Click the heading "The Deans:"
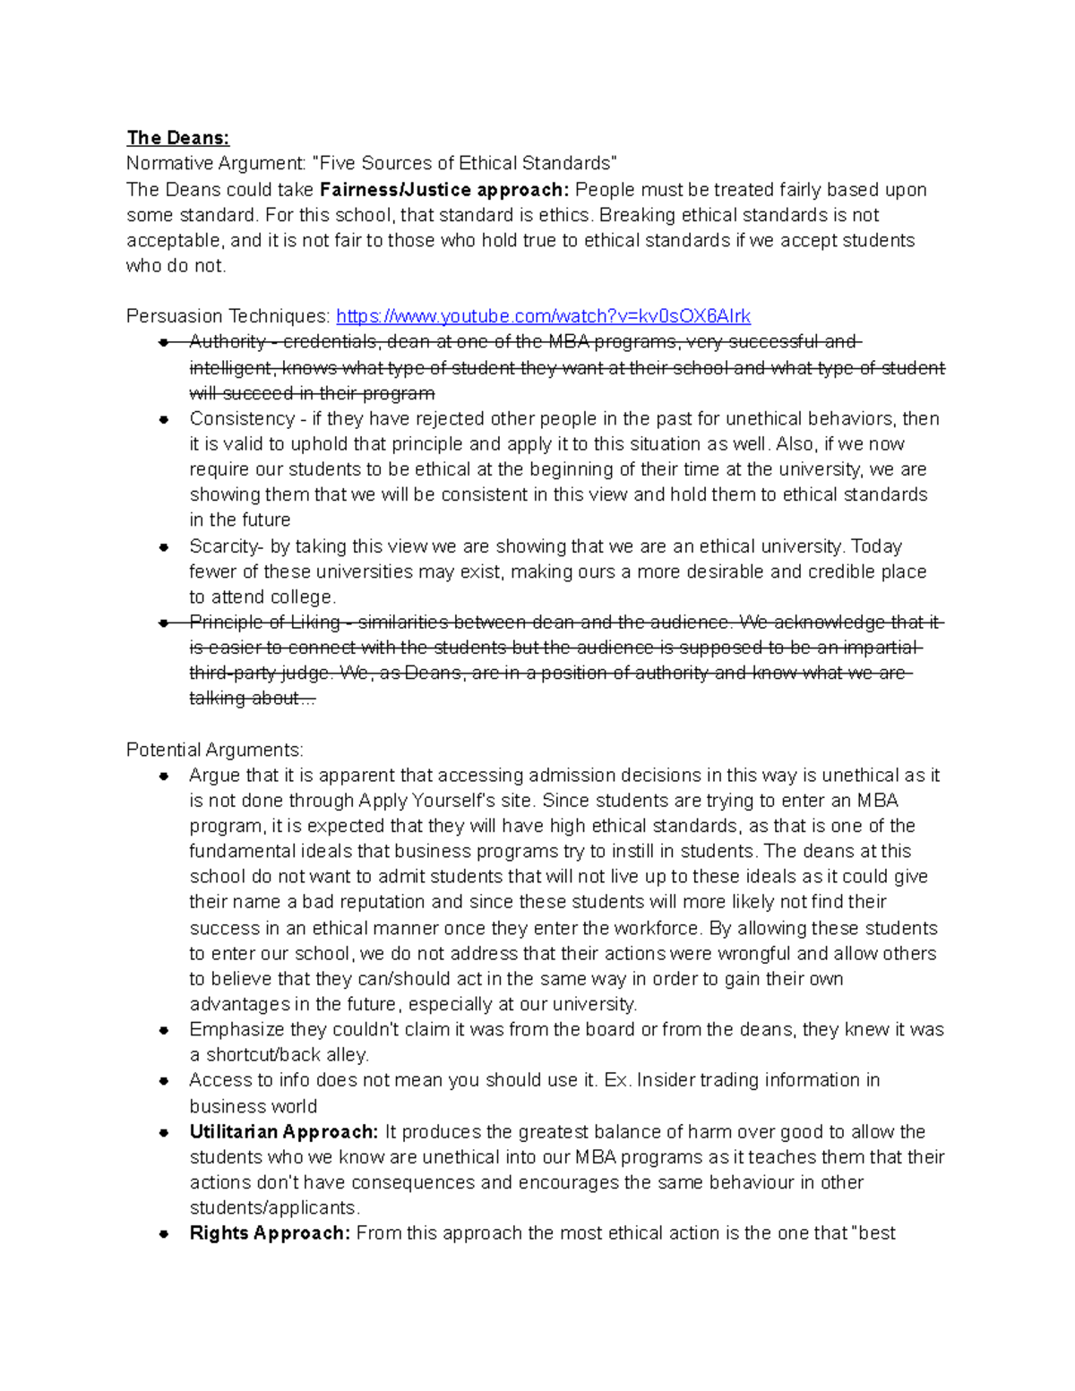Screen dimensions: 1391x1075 point(177,138)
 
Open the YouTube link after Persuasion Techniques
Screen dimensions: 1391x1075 point(543,316)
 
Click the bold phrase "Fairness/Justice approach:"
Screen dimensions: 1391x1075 point(444,190)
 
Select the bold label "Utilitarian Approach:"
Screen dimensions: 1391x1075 point(283,1132)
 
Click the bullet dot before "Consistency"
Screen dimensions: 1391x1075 point(164,419)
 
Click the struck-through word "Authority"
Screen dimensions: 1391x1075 point(228,342)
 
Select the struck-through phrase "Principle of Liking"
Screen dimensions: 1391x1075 point(264,623)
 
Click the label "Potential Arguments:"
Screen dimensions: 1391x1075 point(215,750)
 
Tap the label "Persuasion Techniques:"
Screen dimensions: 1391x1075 point(228,316)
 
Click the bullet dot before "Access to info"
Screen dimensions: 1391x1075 point(164,1081)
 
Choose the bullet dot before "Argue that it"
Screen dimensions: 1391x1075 point(164,777)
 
